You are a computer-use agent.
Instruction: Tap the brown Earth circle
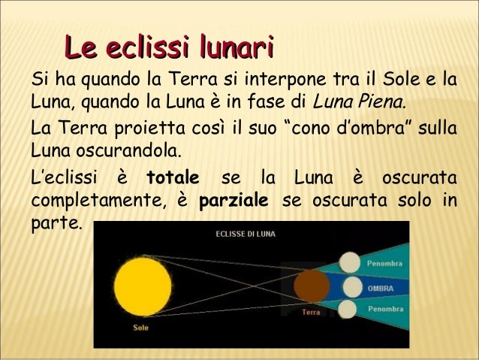(x=312, y=286)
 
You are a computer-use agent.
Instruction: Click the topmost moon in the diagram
(x=349, y=262)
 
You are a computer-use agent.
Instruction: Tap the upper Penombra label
(x=384, y=264)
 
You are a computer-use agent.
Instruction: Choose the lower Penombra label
(x=384, y=309)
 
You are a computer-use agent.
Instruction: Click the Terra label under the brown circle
(x=311, y=310)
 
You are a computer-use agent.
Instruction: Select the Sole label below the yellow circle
(x=140, y=328)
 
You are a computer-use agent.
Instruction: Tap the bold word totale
(x=173, y=180)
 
